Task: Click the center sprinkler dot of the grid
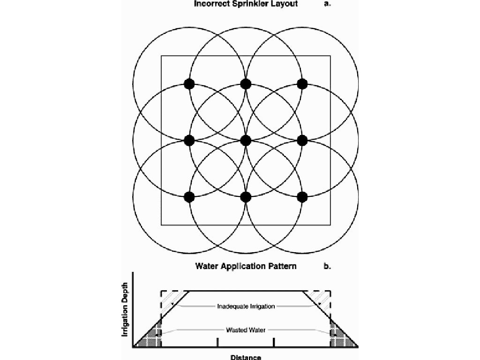click(246, 140)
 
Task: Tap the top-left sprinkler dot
click(189, 84)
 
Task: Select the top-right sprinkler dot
click(302, 84)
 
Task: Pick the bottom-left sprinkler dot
click(189, 197)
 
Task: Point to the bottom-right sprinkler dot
click(302, 197)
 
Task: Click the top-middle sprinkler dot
click(246, 84)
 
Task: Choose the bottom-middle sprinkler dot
click(246, 197)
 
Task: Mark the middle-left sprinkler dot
click(189, 140)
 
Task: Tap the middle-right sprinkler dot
click(302, 140)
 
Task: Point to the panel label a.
click(327, 4)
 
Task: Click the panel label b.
click(327, 266)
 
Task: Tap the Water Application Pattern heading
click(246, 266)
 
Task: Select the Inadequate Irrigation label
click(246, 306)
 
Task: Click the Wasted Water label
click(246, 330)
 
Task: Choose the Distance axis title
click(246, 357)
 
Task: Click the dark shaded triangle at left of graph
click(152, 337)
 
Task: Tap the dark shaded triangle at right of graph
click(340, 337)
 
